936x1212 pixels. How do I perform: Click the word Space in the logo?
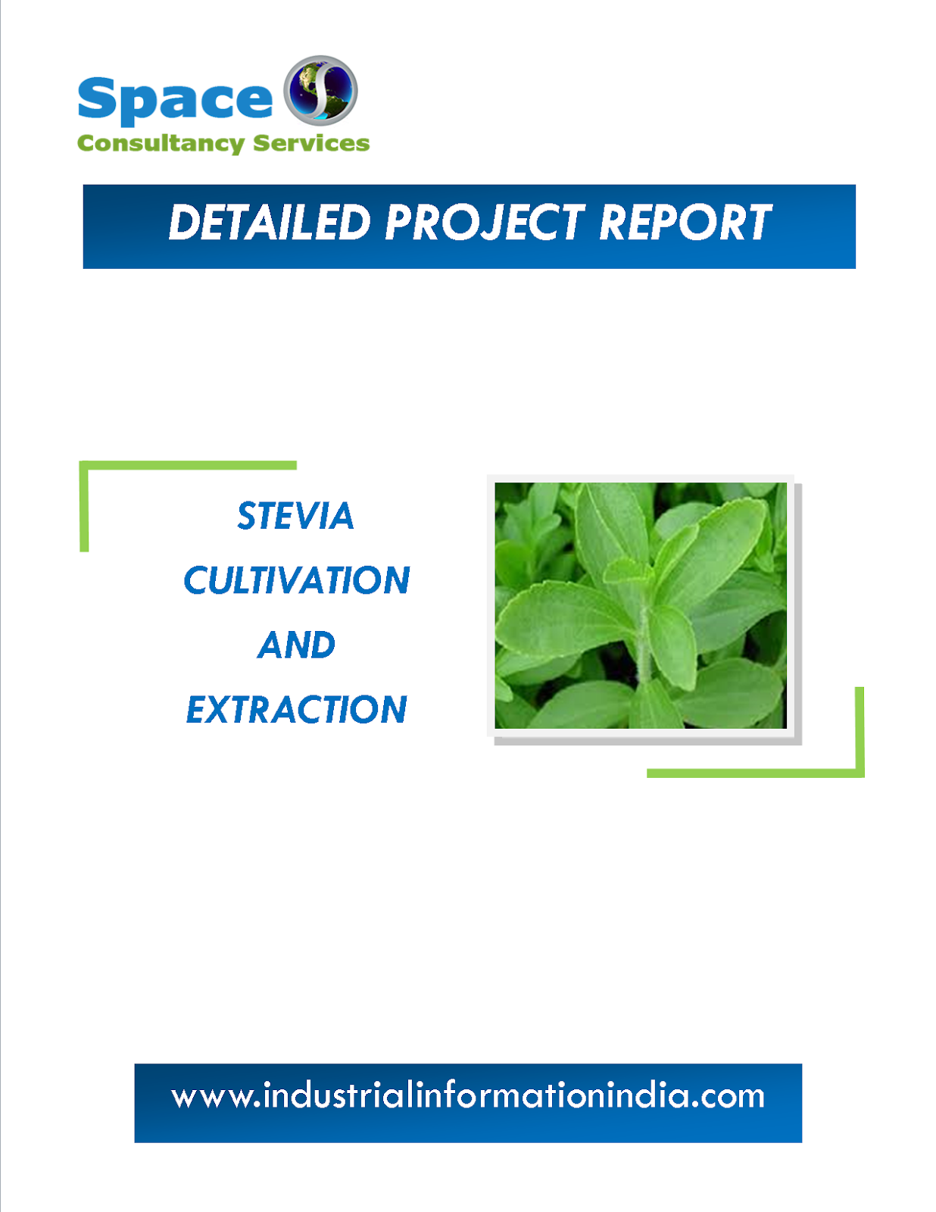[175, 100]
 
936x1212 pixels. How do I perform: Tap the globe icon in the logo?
[320, 89]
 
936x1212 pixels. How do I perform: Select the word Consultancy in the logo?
[161, 143]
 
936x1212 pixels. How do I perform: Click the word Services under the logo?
[311, 143]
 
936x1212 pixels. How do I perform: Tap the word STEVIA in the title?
[295, 517]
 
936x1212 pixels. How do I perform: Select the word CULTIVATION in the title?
[297, 581]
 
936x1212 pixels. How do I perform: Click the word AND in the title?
[297, 645]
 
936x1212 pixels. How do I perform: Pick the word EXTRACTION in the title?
[297, 710]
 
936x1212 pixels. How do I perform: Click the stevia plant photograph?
[641, 605]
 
